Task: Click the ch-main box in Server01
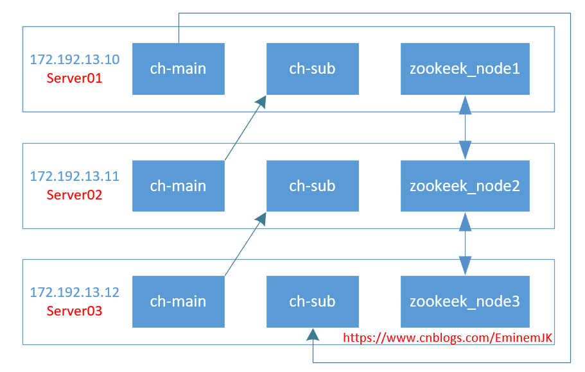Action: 178,69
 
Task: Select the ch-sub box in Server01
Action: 312,69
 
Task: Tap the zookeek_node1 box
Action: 465,69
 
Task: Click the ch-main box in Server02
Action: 178,186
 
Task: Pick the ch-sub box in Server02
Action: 312,186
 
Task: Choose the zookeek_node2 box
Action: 465,186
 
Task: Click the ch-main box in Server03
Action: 178,301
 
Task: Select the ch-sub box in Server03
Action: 312,301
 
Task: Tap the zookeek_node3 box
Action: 465,301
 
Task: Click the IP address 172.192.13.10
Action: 74,60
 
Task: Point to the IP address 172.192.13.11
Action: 74,176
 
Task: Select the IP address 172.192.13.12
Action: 74,292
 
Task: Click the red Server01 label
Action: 74,79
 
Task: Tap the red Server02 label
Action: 74,195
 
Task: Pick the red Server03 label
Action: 74,311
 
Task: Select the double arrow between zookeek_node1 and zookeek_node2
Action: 465,128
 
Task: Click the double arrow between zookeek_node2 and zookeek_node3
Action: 465,244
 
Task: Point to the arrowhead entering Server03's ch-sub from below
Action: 312,334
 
